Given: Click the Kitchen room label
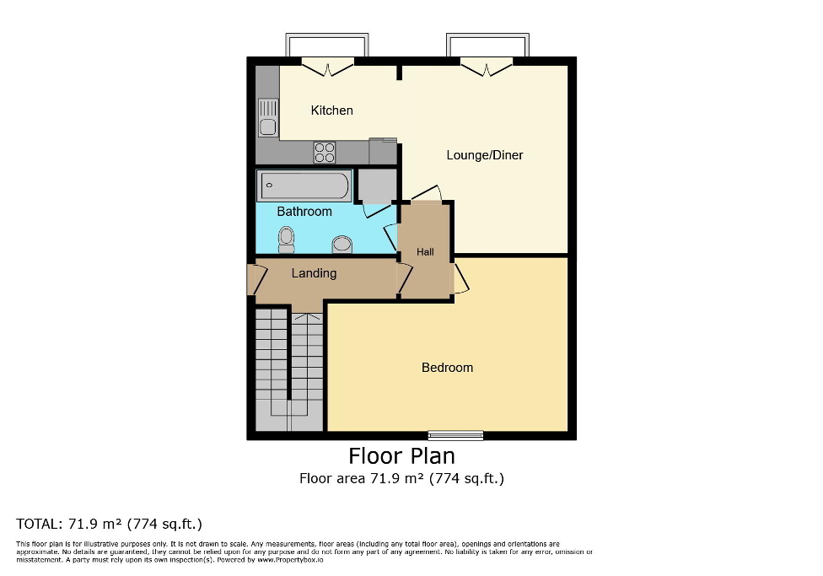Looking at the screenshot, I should click(x=331, y=110).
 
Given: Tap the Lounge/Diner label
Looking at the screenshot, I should click(x=484, y=155).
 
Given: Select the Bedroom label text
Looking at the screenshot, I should click(x=447, y=368).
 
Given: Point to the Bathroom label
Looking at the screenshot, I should click(x=304, y=212).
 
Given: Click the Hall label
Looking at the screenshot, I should click(x=425, y=251).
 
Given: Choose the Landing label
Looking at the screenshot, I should click(x=314, y=273).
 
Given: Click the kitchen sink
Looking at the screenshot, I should click(x=268, y=118).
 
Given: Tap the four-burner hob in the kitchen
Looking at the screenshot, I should click(x=325, y=152).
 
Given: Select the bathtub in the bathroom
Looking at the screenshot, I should click(x=304, y=183).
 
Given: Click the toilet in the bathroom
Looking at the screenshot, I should click(x=287, y=240).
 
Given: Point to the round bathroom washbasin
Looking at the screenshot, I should click(x=342, y=244).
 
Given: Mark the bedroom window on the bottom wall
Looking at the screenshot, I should click(x=455, y=435).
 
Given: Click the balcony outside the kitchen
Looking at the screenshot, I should click(x=327, y=46).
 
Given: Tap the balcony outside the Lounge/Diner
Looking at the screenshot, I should click(x=488, y=46).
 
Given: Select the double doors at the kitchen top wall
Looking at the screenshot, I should click(x=327, y=66).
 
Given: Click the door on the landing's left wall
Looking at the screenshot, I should click(x=251, y=280).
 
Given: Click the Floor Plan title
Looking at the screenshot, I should click(x=402, y=456).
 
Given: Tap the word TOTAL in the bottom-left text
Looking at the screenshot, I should click(x=38, y=524).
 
